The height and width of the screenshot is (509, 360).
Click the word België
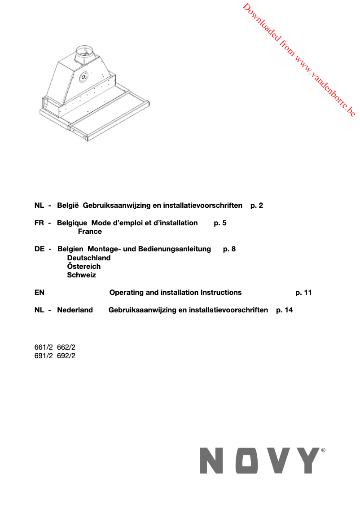click(68, 206)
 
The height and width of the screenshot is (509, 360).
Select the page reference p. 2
click(257, 206)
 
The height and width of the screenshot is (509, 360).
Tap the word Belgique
click(72, 223)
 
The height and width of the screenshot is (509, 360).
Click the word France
click(90, 232)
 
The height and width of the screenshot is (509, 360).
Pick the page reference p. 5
click(220, 223)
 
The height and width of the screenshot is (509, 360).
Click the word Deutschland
click(88, 258)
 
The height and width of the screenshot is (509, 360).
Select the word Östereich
click(83, 267)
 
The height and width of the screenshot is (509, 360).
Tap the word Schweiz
click(81, 275)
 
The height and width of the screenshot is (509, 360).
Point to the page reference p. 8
click(229, 249)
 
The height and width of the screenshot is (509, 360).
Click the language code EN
click(40, 293)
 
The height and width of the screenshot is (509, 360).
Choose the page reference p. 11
click(303, 293)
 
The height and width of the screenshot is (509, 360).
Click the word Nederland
click(75, 310)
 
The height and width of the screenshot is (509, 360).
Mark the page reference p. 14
click(285, 310)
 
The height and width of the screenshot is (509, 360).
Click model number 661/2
click(44, 347)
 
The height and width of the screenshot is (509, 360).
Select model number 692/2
click(66, 355)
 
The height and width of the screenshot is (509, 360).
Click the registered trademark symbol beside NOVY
click(323, 449)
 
